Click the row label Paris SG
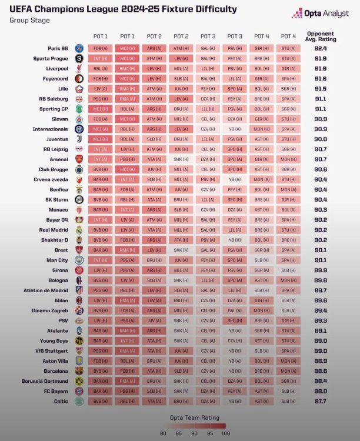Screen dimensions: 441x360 (58, 48)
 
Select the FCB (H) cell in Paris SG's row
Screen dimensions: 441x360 (100, 48)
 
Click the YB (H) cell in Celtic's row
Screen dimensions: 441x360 (235, 401)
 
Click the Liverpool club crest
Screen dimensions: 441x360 (79, 68)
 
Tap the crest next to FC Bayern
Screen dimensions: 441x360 (79, 391)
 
